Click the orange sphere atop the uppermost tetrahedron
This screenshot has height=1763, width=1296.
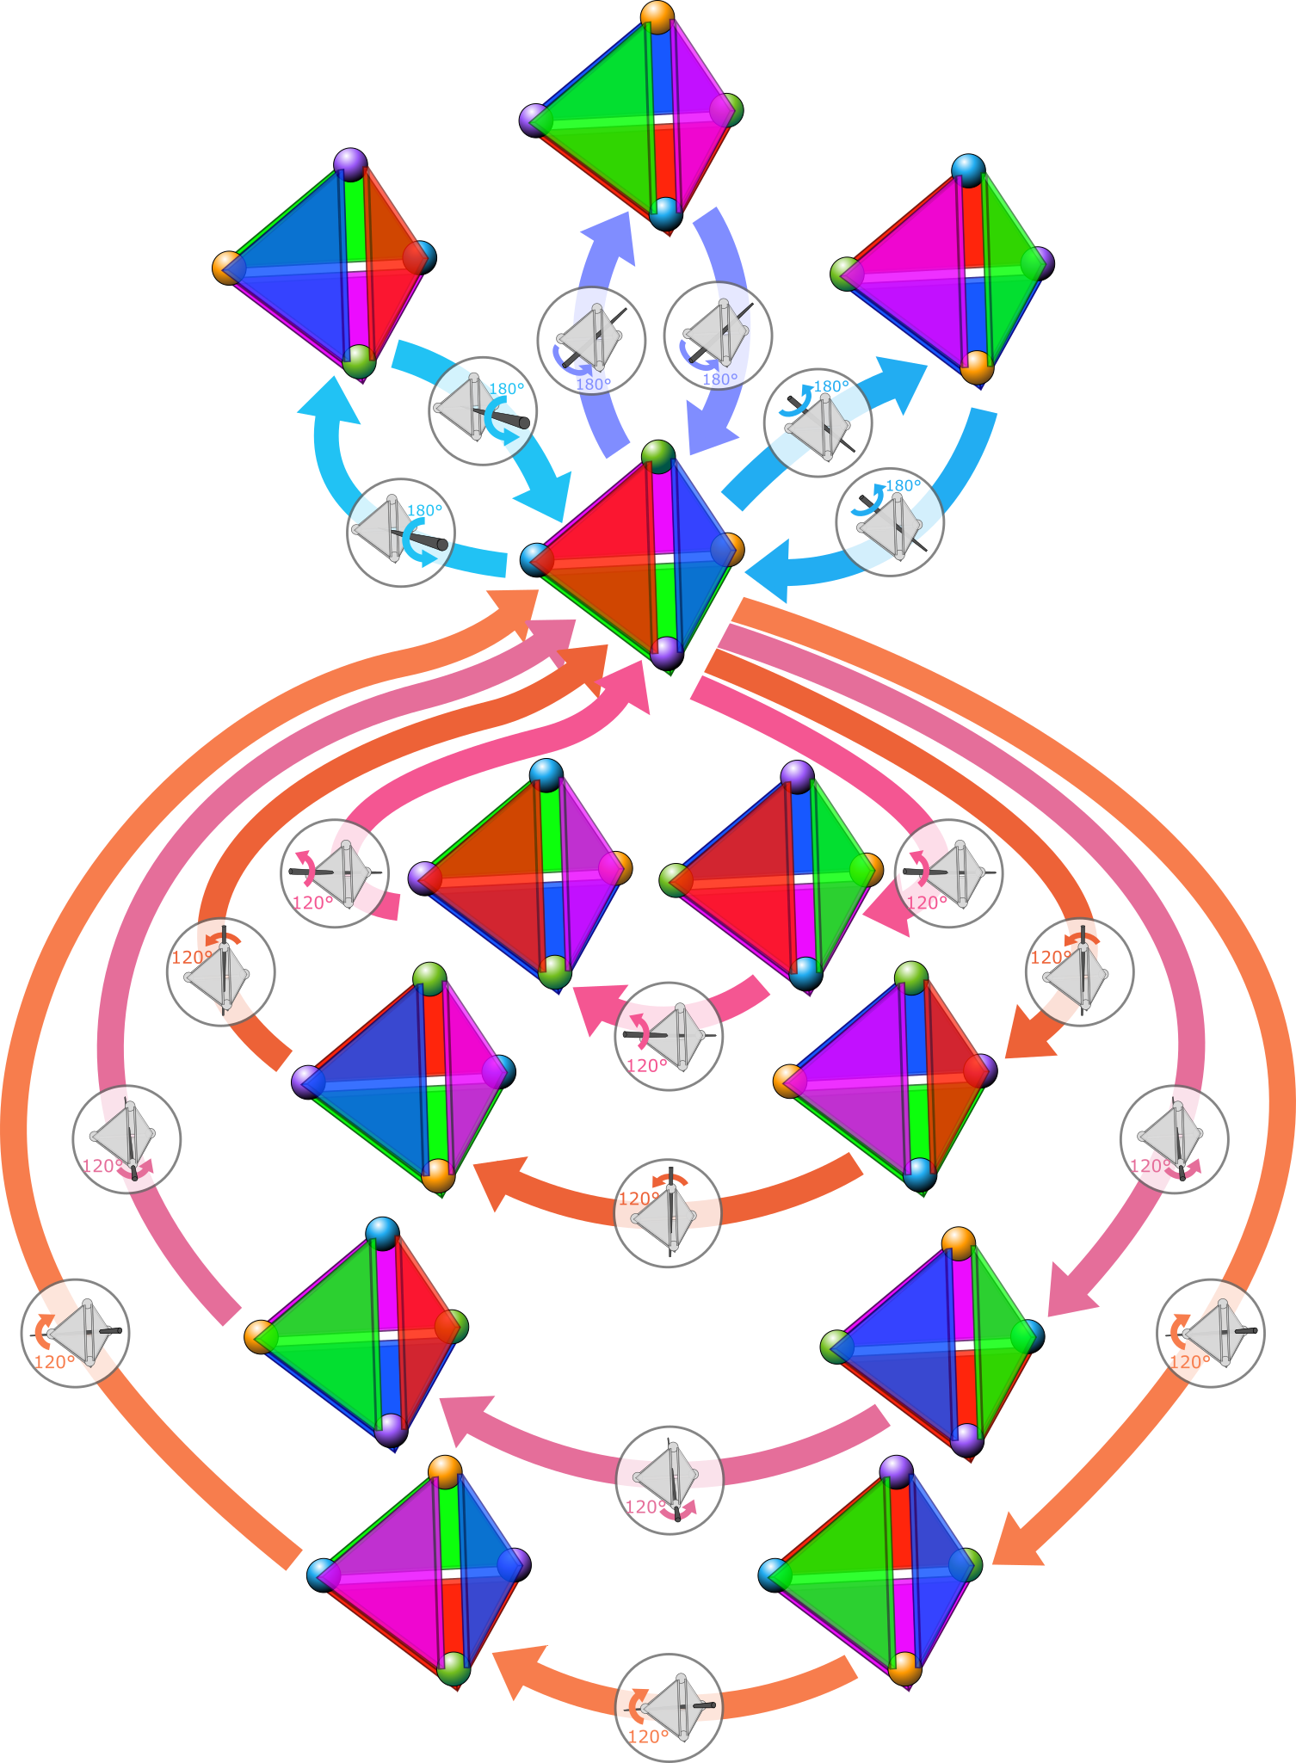pos(657,16)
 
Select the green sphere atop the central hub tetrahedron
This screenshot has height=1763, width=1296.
pos(658,455)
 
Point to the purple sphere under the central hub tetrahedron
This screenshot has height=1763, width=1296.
pos(666,653)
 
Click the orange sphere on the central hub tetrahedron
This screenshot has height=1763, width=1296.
pos(729,549)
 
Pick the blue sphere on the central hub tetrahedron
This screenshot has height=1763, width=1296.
pos(536,559)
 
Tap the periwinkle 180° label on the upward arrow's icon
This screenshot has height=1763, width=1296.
pos(593,385)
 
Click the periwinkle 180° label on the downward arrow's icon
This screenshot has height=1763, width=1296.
pos(720,379)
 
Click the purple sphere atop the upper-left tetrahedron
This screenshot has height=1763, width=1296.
pos(350,163)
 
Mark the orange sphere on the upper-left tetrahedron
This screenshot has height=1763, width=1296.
pos(227,268)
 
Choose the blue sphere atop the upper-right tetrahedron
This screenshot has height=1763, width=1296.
pos(968,170)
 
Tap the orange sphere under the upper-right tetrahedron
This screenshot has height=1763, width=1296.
pos(976,366)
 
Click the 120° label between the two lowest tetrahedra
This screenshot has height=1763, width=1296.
pos(648,1736)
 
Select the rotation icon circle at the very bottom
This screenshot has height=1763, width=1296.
pos(670,1707)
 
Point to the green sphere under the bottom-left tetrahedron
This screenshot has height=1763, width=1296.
pos(454,1669)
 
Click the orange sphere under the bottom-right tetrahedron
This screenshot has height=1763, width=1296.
pos(904,1668)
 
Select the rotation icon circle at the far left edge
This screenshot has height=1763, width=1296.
pos(76,1333)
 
